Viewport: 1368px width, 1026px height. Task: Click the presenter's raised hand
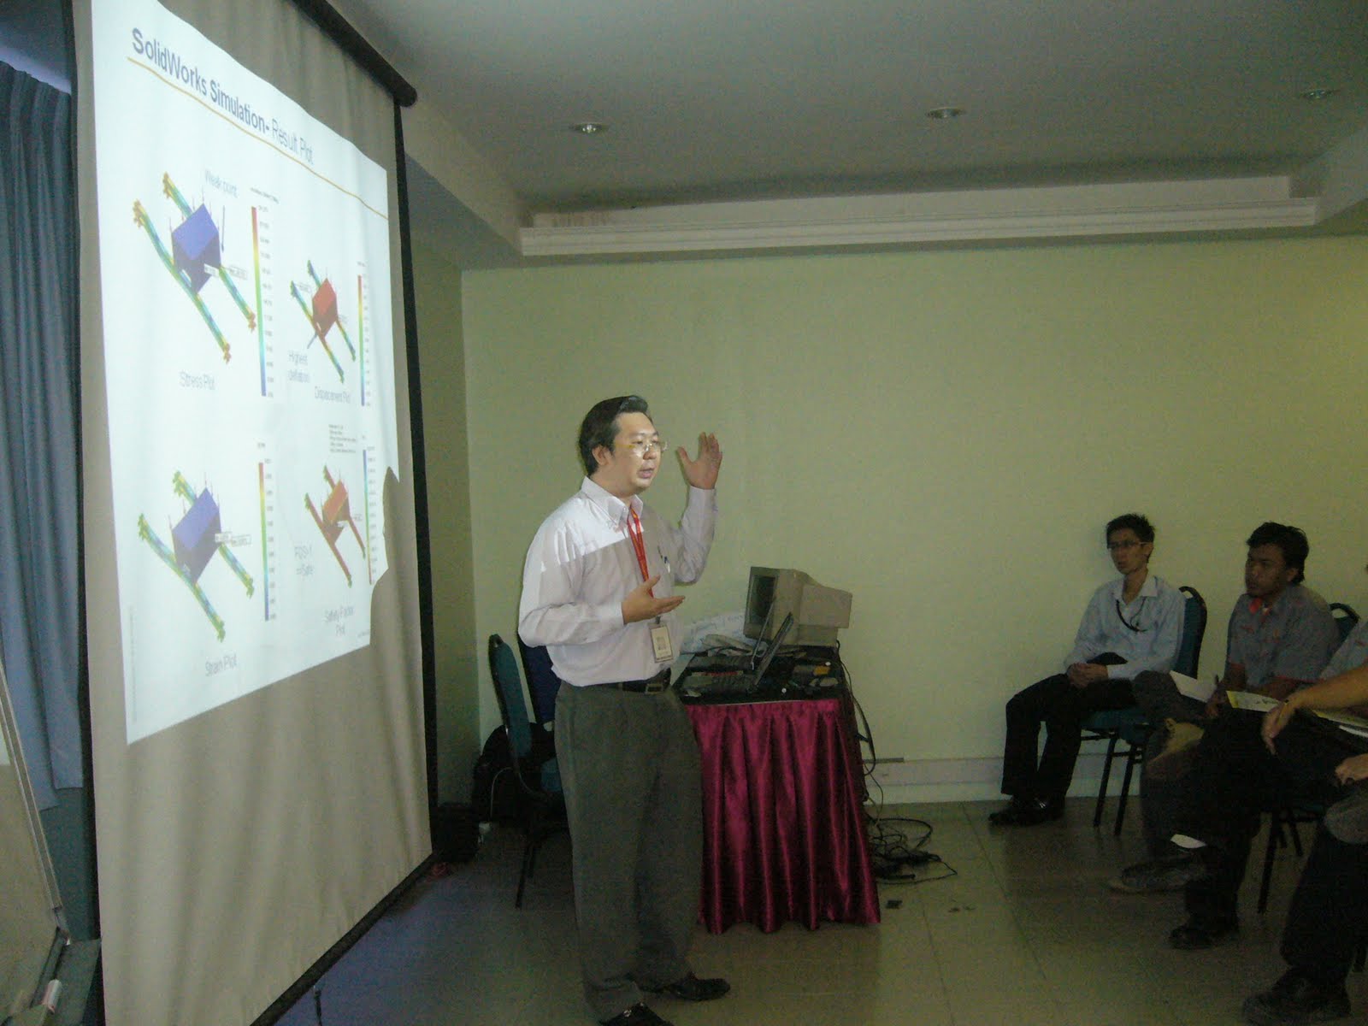pos(704,460)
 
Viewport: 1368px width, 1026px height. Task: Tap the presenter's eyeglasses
pos(648,446)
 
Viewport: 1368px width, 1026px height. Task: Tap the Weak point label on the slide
pos(224,180)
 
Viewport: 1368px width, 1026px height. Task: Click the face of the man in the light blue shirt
pos(1127,547)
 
